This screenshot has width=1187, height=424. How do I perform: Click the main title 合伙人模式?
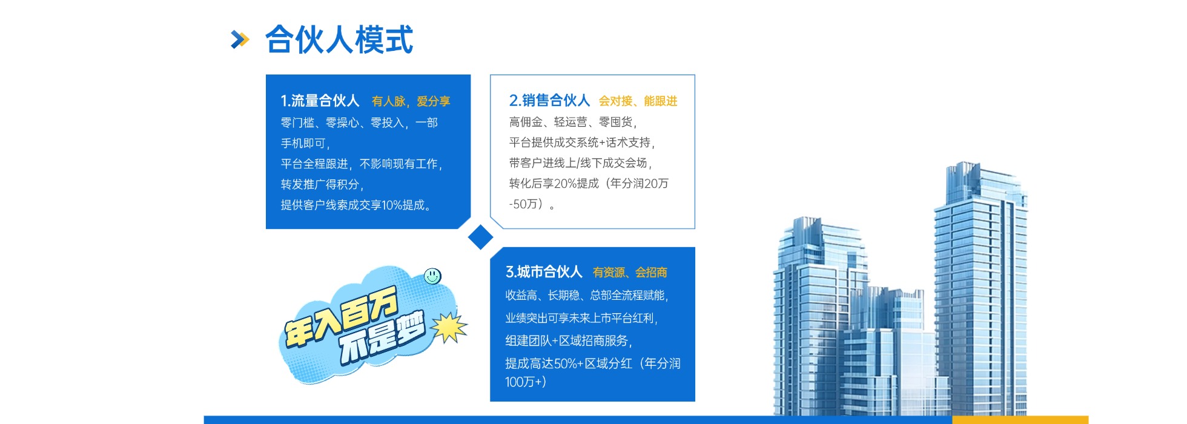click(339, 40)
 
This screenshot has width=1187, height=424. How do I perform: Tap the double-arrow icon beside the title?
click(240, 40)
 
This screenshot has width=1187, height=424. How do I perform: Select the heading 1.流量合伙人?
click(320, 101)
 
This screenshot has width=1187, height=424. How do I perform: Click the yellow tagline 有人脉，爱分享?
click(411, 101)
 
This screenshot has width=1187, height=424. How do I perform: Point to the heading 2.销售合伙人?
click(549, 100)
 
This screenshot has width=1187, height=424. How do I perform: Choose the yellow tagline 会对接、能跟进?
click(638, 101)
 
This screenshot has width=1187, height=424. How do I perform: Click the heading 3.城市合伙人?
click(544, 272)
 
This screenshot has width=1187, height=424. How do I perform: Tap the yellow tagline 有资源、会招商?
click(630, 273)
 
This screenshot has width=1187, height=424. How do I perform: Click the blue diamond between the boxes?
click(481, 237)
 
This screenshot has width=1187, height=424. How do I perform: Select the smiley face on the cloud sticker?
click(432, 276)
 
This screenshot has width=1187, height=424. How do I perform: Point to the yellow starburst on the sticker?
click(449, 328)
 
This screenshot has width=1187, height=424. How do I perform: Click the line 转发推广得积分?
click(322, 185)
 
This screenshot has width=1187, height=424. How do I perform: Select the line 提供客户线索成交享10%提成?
click(356, 205)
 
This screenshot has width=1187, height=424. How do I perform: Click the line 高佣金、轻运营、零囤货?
click(572, 122)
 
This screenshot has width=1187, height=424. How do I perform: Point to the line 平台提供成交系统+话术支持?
click(581, 143)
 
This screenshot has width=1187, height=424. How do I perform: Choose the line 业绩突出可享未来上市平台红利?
click(581, 318)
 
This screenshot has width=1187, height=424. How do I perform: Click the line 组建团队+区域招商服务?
click(569, 341)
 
